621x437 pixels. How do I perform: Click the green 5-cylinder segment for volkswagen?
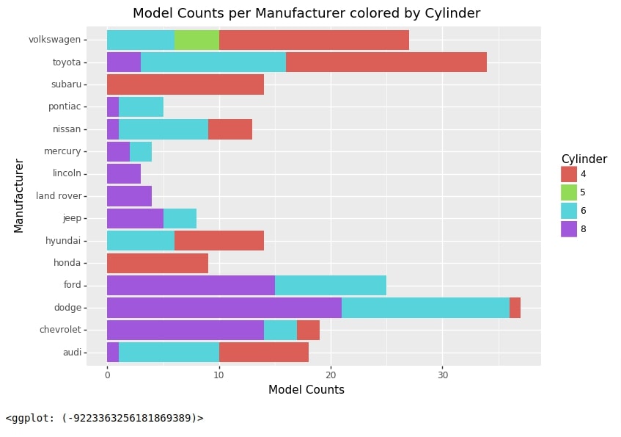(196, 40)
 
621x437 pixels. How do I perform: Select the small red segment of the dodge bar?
(515, 307)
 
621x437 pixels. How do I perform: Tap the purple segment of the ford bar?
(191, 285)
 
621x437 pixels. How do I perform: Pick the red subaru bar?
(185, 84)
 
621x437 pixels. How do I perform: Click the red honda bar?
(157, 263)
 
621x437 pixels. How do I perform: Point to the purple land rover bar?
(129, 196)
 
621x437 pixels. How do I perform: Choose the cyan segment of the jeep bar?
(180, 218)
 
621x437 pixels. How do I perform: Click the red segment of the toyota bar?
(386, 62)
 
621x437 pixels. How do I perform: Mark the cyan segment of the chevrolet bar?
(280, 330)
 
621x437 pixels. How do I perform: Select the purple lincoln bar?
(123, 173)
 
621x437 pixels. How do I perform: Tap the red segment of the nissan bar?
(229, 129)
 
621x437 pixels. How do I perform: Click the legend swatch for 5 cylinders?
(569, 192)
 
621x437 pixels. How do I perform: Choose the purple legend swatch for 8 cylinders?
(569, 229)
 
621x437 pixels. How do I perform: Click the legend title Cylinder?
(584, 159)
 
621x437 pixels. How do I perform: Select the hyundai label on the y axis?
(62, 240)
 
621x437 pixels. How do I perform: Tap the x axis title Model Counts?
(306, 390)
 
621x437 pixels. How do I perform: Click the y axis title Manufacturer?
(19, 195)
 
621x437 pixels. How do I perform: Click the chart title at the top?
(306, 13)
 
